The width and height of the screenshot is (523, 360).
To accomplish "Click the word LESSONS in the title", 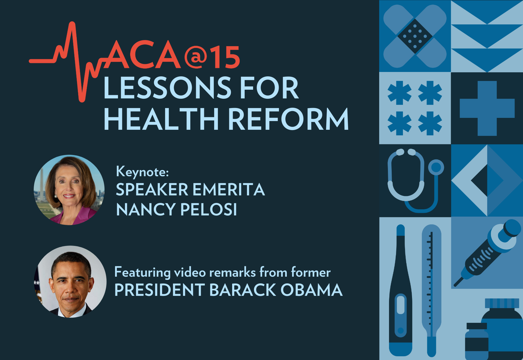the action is pos(167,87).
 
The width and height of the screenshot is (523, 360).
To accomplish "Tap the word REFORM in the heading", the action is pos(288,119).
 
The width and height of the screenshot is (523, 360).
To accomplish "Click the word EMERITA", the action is pos(229,190).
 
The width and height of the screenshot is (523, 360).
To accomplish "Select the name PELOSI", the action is pos(209,209).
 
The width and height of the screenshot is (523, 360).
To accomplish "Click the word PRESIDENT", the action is pos(160,290).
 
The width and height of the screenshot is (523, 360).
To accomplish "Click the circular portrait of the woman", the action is pos(69,190).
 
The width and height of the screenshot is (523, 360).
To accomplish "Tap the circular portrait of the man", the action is pos(70,282).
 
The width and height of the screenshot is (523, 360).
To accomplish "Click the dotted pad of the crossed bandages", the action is pos(415,36).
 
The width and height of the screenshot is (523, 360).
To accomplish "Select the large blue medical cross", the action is pos(487,108).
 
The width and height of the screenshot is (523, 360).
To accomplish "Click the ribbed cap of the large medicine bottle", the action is pos(502,303).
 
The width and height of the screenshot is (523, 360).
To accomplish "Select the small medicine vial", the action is pos(477,341).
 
